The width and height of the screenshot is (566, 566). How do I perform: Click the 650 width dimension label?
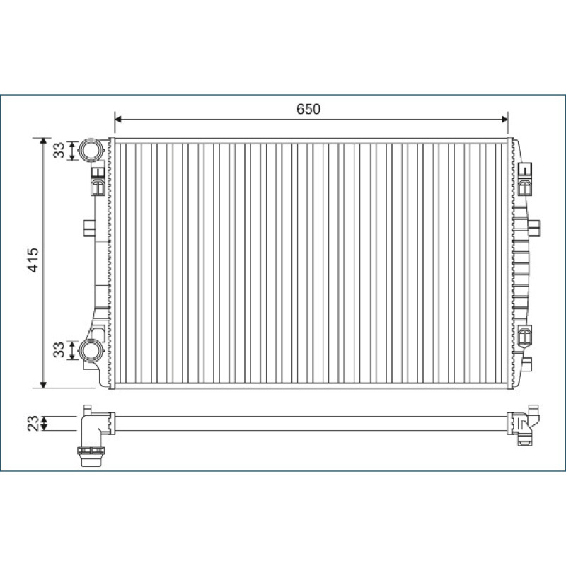pyautogui.click(x=308, y=109)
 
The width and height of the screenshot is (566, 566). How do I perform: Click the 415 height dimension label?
pyautogui.click(x=33, y=260)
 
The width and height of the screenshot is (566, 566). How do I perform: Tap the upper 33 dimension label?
pyautogui.click(x=59, y=151)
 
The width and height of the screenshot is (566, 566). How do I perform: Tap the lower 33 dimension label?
pyautogui.click(x=59, y=350)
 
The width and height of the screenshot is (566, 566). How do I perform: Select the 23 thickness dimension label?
pyautogui.click(x=33, y=423)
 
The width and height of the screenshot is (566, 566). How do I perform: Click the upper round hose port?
pyautogui.click(x=91, y=150)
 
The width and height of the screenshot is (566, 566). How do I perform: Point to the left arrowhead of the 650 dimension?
pyautogui.click(x=118, y=120)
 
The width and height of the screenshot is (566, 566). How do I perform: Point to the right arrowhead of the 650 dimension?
pyautogui.click(x=504, y=120)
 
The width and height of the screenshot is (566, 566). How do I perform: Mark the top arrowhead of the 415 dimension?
pyautogui.click(x=43, y=141)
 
